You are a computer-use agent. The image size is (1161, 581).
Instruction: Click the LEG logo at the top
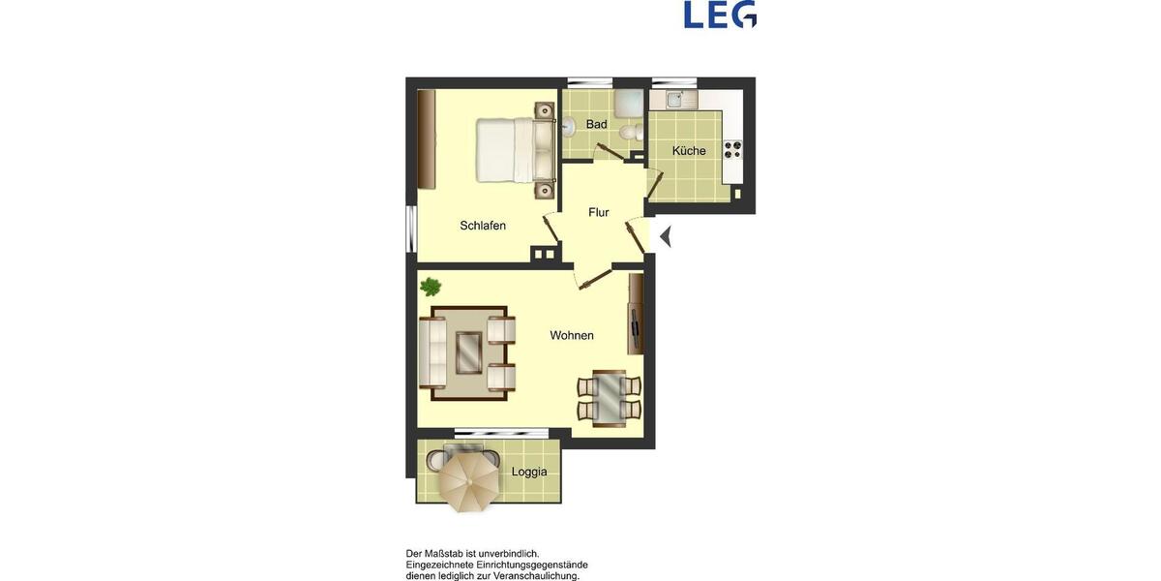[x=720, y=15]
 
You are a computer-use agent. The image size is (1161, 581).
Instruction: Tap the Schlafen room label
[x=483, y=226]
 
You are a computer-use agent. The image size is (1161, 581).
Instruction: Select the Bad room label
[x=597, y=125]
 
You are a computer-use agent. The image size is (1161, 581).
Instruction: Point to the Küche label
[x=689, y=151]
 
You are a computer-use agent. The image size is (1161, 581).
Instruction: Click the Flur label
[x=599, y=212]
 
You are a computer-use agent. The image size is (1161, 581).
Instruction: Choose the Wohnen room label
[x=572, y=336]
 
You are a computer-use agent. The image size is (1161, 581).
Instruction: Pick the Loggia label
[x=529, y=473]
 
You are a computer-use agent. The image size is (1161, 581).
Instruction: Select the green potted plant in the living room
[x=431, y=288]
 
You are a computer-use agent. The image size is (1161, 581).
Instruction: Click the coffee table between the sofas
[x=469, y=352]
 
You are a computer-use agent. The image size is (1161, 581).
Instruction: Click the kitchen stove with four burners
[x=733, y=149]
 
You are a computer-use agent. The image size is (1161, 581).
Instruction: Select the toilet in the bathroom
[x=630, y=132]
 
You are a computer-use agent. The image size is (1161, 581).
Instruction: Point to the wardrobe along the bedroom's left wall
[x=426, y=140]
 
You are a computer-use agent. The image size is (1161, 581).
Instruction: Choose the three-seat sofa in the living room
[x=432, y=352]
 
